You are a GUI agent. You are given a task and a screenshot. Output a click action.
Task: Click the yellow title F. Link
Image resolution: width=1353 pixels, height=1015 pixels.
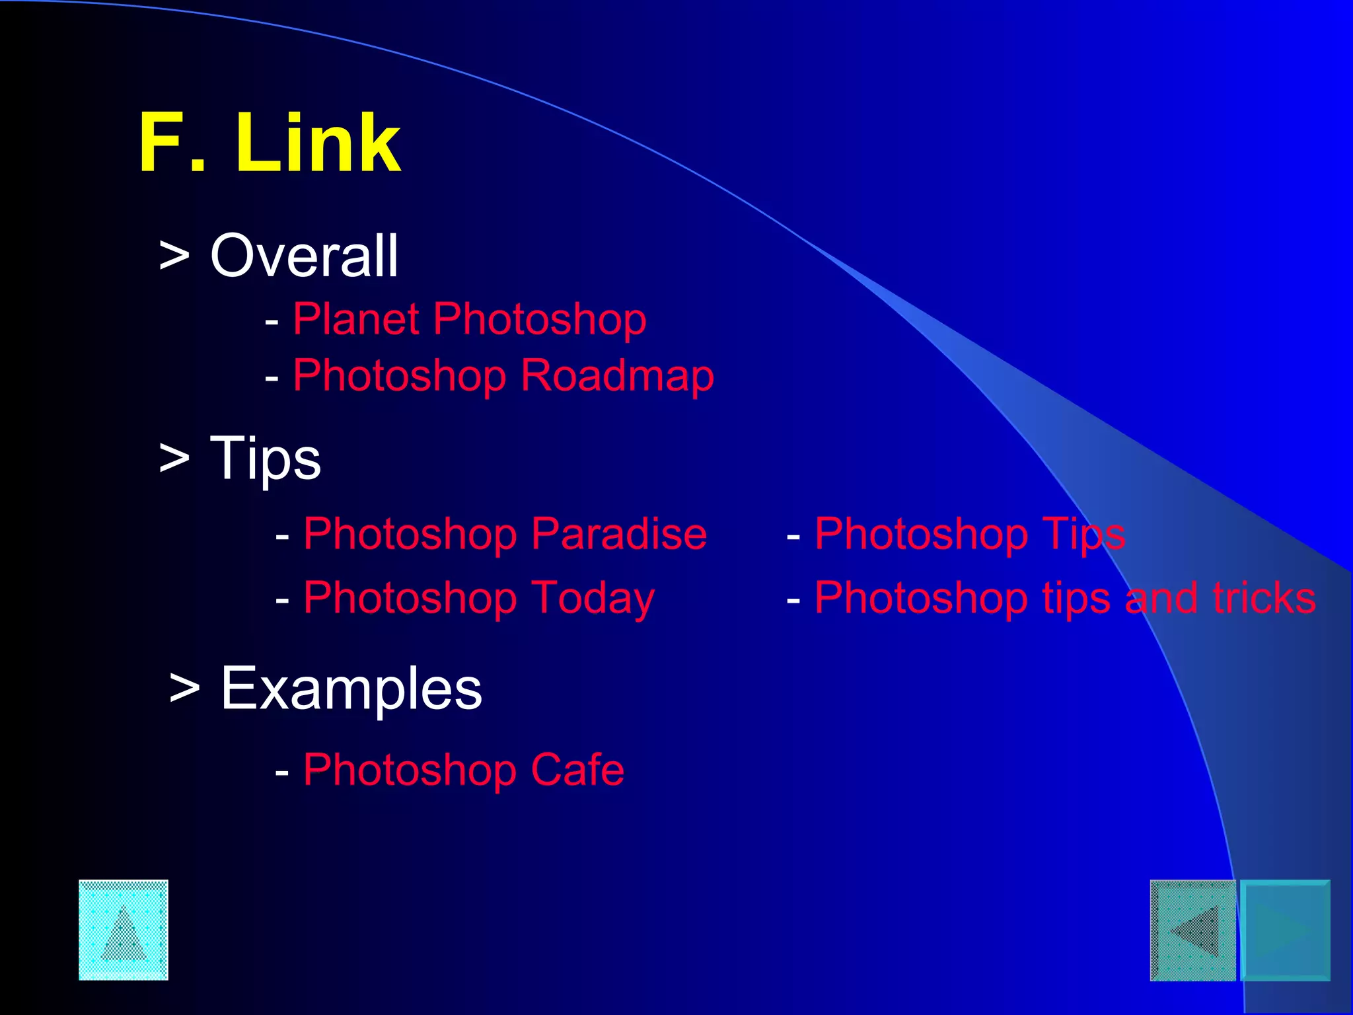(x=270, y=143)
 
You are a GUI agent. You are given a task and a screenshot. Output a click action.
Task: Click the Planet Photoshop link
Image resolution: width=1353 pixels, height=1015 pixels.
(x=469, y=320)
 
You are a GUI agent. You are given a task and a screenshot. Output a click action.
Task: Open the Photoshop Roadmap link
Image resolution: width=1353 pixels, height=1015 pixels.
(x=503, y=376)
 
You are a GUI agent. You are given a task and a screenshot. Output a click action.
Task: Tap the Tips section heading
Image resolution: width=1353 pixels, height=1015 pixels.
(x=265, y=459)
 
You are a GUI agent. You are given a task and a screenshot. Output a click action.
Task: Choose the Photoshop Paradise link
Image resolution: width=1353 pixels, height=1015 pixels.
(x=505, y=534)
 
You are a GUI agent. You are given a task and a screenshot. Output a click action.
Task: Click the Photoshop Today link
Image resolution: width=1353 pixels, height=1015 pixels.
(x=479, y=598)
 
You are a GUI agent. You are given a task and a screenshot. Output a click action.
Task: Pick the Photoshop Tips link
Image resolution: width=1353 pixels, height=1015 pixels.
(x=970, y=534)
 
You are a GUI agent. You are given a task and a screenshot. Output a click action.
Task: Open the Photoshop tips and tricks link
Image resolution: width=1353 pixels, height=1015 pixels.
(x=1065, y=598)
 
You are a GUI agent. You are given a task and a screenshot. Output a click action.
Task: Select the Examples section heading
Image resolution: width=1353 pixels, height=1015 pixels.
(x=351, y=689)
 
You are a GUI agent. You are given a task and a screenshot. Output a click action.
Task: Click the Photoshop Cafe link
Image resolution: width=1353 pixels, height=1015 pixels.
(x=463, y=770)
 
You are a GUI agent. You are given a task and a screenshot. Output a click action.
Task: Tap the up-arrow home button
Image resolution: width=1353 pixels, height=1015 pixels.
(x=124, y=930)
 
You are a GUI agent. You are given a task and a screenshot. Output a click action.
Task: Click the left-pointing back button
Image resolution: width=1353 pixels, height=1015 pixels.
(x=1192, y=930)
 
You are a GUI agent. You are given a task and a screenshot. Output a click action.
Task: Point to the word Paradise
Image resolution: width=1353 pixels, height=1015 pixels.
(x=619, y=534)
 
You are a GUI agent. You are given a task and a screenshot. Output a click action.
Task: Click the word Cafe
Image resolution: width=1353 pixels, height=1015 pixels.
(x=577, y=770)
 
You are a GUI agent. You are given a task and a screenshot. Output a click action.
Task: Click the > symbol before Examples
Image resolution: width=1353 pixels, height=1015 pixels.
(x=184, y=689)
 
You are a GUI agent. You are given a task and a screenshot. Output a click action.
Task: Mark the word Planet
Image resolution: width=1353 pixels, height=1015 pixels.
(x=356, y=320)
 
